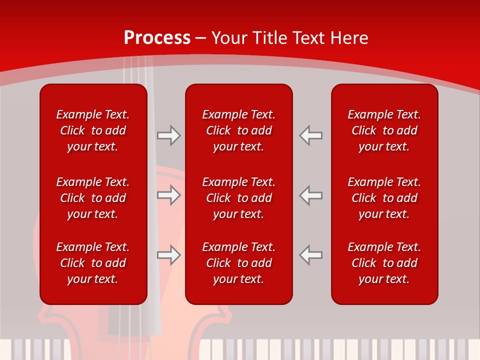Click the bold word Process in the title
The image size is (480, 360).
157,38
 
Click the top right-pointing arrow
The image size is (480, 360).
168,135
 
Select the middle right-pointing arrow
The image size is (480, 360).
168,195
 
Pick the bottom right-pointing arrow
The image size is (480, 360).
168,255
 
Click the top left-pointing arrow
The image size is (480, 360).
310,135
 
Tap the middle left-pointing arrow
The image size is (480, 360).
310,195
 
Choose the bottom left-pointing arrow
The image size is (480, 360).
310,255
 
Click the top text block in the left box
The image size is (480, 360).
93,130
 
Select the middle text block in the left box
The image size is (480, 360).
93,198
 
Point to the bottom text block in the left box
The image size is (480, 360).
93,263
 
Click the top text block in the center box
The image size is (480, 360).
238,130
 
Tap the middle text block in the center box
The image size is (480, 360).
238,198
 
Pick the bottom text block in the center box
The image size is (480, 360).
238,263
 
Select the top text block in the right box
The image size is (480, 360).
384,130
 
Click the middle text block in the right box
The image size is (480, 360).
384,198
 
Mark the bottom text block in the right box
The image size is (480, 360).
384,263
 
